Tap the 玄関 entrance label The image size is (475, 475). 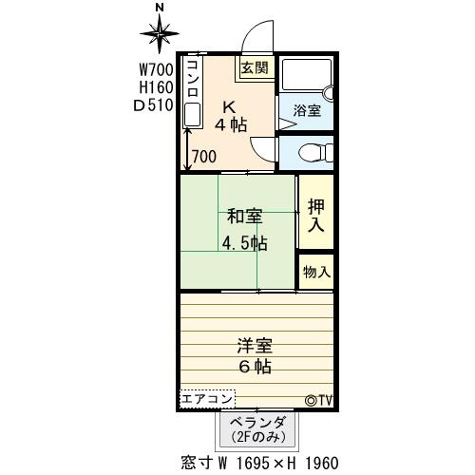coord(255,67)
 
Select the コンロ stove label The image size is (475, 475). coord(193,78)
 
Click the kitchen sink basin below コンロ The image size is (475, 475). coord(193,114)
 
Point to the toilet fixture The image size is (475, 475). coord(316,153)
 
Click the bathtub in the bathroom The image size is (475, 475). coord(307,74)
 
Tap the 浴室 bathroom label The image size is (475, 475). coord(307,110)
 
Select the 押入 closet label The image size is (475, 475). coord(316,216)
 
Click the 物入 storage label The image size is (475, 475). coord(316,272)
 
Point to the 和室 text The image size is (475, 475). coord(245,217)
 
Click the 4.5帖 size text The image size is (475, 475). coord(244,243)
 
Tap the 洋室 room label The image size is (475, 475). coord(255,345)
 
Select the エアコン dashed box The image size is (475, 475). coord(207,399)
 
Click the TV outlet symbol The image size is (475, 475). coord(318,401)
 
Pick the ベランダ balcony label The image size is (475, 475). coord(257,422)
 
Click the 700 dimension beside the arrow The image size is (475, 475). coord(204,157)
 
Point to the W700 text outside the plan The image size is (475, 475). coord(157,70)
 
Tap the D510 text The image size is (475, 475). coord(154,105)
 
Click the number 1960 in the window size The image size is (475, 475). coord(322,464)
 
